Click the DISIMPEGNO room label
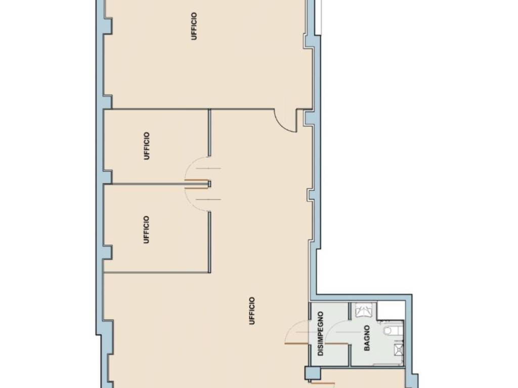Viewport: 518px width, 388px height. coord(320,333)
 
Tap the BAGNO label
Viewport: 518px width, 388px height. coord(367,338)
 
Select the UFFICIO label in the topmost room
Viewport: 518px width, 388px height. coord(194,26)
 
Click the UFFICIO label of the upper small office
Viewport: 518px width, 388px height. coord(147,146)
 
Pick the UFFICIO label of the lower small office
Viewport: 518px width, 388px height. coord(146,230)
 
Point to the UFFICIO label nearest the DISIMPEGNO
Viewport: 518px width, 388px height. coord(252,311)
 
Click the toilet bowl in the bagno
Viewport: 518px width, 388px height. coord(393,330)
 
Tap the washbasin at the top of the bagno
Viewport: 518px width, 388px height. coord(364,310)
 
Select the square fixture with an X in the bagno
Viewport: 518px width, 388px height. coord(398,349)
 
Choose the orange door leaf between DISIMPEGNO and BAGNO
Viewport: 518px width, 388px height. coord(336,344)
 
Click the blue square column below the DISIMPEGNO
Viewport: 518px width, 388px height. coord(313,373)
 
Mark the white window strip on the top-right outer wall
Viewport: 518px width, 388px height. coord(318,17)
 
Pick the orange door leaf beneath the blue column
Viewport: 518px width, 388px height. coord(323,383)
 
